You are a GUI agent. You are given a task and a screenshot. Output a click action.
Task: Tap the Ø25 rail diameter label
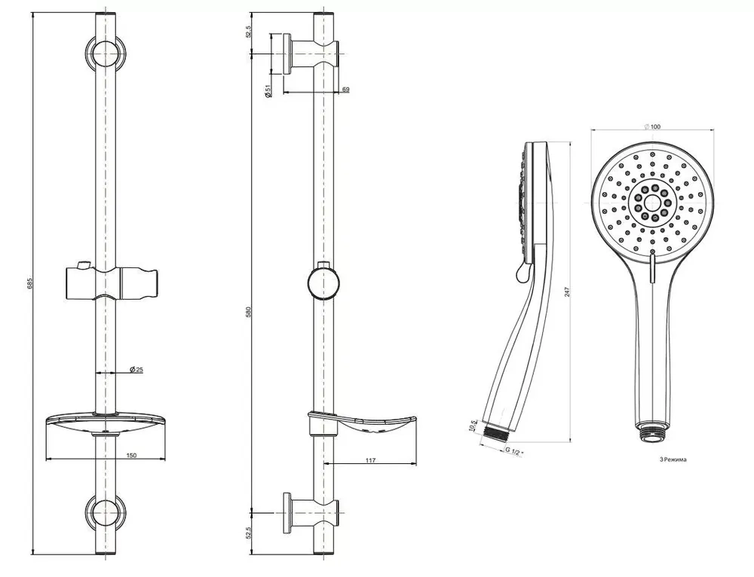point(136,369)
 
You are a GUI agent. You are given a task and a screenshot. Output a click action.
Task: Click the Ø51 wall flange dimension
point(268,91)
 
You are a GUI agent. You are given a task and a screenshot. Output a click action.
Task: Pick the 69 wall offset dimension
point(346,90)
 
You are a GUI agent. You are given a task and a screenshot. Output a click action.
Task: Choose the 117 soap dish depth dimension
point(370,460)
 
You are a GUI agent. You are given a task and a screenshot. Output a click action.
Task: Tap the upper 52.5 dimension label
point(249,32)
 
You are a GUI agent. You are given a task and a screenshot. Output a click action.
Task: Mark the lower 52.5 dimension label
point(249,533)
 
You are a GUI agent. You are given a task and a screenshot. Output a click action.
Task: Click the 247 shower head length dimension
point(567,292)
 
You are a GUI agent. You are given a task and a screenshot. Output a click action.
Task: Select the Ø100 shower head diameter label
point(652,127)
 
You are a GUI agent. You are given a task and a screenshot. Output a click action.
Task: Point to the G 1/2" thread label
point(514,452)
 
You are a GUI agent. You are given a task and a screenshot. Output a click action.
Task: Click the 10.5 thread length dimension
point(474,425)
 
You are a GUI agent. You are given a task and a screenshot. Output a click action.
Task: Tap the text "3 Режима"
point(673,459)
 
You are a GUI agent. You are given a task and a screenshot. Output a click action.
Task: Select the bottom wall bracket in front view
point(106,512)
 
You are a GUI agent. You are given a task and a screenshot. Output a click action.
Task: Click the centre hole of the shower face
point(652,202)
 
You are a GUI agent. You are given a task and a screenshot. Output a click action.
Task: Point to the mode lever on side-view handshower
point(522,272)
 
